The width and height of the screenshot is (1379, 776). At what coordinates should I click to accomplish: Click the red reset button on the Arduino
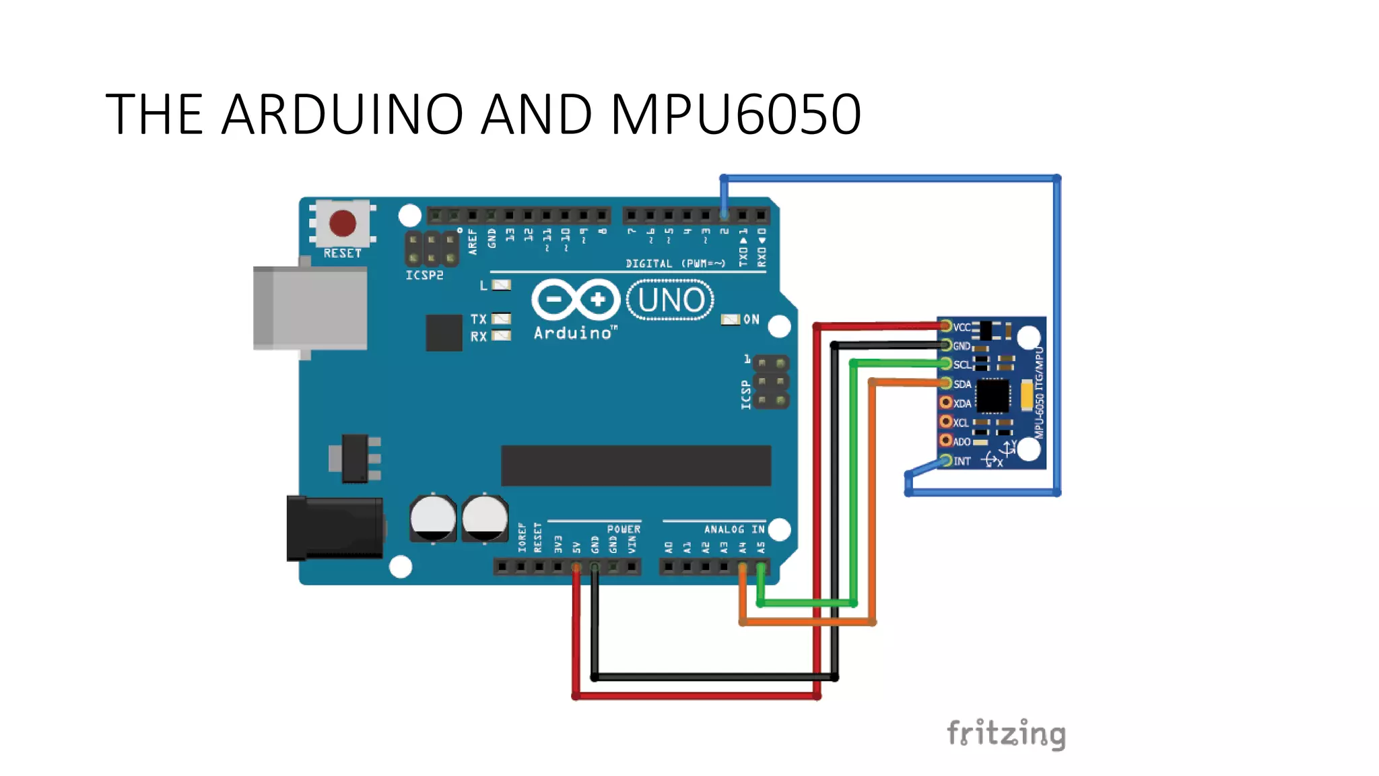[342, 223]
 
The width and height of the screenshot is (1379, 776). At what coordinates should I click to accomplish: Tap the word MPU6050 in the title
[735, 115]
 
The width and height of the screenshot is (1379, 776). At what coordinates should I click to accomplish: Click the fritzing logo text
[1006, 734]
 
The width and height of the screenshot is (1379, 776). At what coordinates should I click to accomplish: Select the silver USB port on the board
[310, 308]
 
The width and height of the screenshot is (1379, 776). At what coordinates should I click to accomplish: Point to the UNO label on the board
[671, 300]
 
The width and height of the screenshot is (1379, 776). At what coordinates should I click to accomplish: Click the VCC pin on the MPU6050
[946, 327]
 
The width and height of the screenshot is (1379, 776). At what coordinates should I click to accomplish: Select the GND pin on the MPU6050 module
[946, 346]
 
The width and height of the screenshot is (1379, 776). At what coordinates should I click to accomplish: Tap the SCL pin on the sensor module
[946, 364]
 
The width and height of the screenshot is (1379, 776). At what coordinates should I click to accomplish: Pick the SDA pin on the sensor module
[946, 383]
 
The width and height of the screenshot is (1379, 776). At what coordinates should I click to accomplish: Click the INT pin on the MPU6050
[946, 461]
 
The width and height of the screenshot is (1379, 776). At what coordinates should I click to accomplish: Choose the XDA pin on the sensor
[946, 403]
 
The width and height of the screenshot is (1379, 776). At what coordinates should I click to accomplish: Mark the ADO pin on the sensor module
[946, 441]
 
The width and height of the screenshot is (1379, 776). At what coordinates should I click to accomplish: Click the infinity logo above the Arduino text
[575, 299]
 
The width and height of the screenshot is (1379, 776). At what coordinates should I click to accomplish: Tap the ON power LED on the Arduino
[730, 319]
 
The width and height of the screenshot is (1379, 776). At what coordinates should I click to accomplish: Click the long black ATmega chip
[636, 465]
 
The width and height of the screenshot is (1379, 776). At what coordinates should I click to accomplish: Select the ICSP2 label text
[424, 276]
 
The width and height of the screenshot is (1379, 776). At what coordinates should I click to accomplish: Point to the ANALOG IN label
[734, 529]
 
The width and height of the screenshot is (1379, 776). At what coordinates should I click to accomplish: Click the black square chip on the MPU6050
[993, 395]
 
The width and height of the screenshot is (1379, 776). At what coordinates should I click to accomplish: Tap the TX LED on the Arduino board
[501, 319]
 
